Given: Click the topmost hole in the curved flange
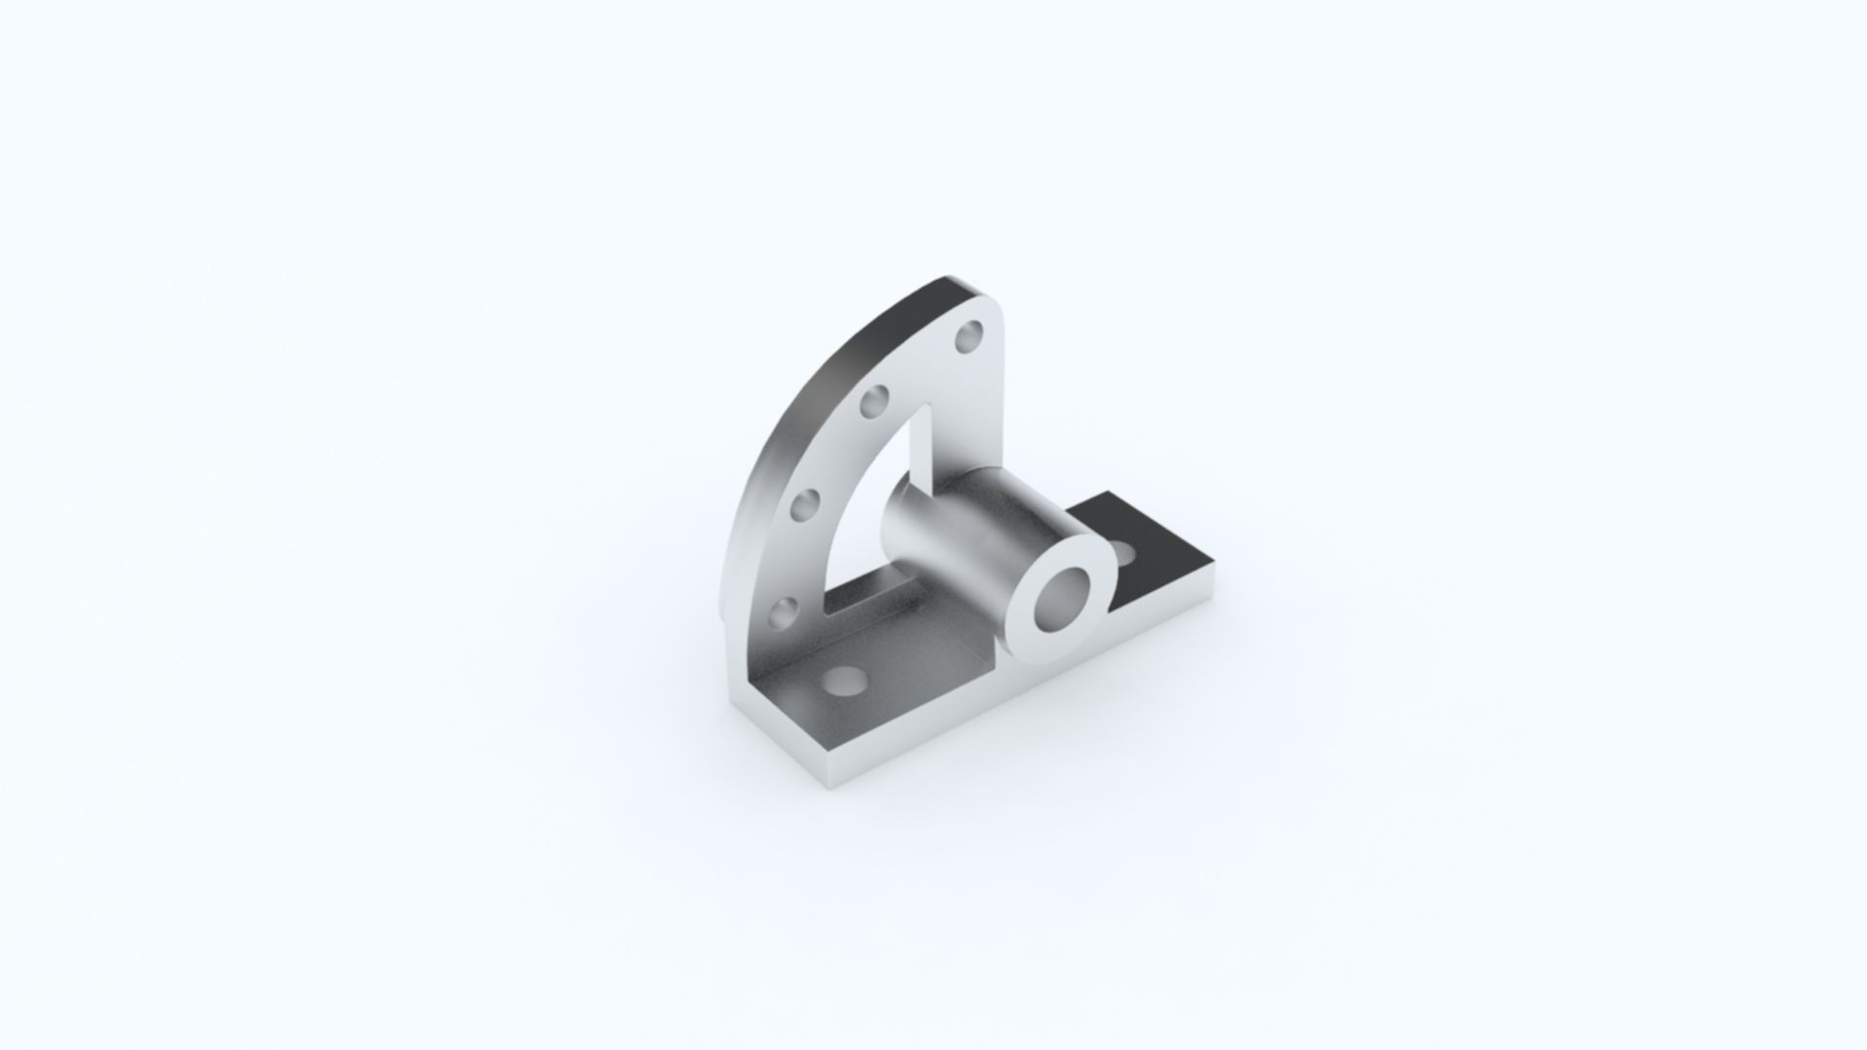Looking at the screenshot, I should coord(969,338).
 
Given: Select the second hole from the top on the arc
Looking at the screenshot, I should coord(874,401).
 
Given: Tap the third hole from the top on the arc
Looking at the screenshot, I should coord(806,505).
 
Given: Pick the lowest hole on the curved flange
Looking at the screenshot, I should coord(783,612).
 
